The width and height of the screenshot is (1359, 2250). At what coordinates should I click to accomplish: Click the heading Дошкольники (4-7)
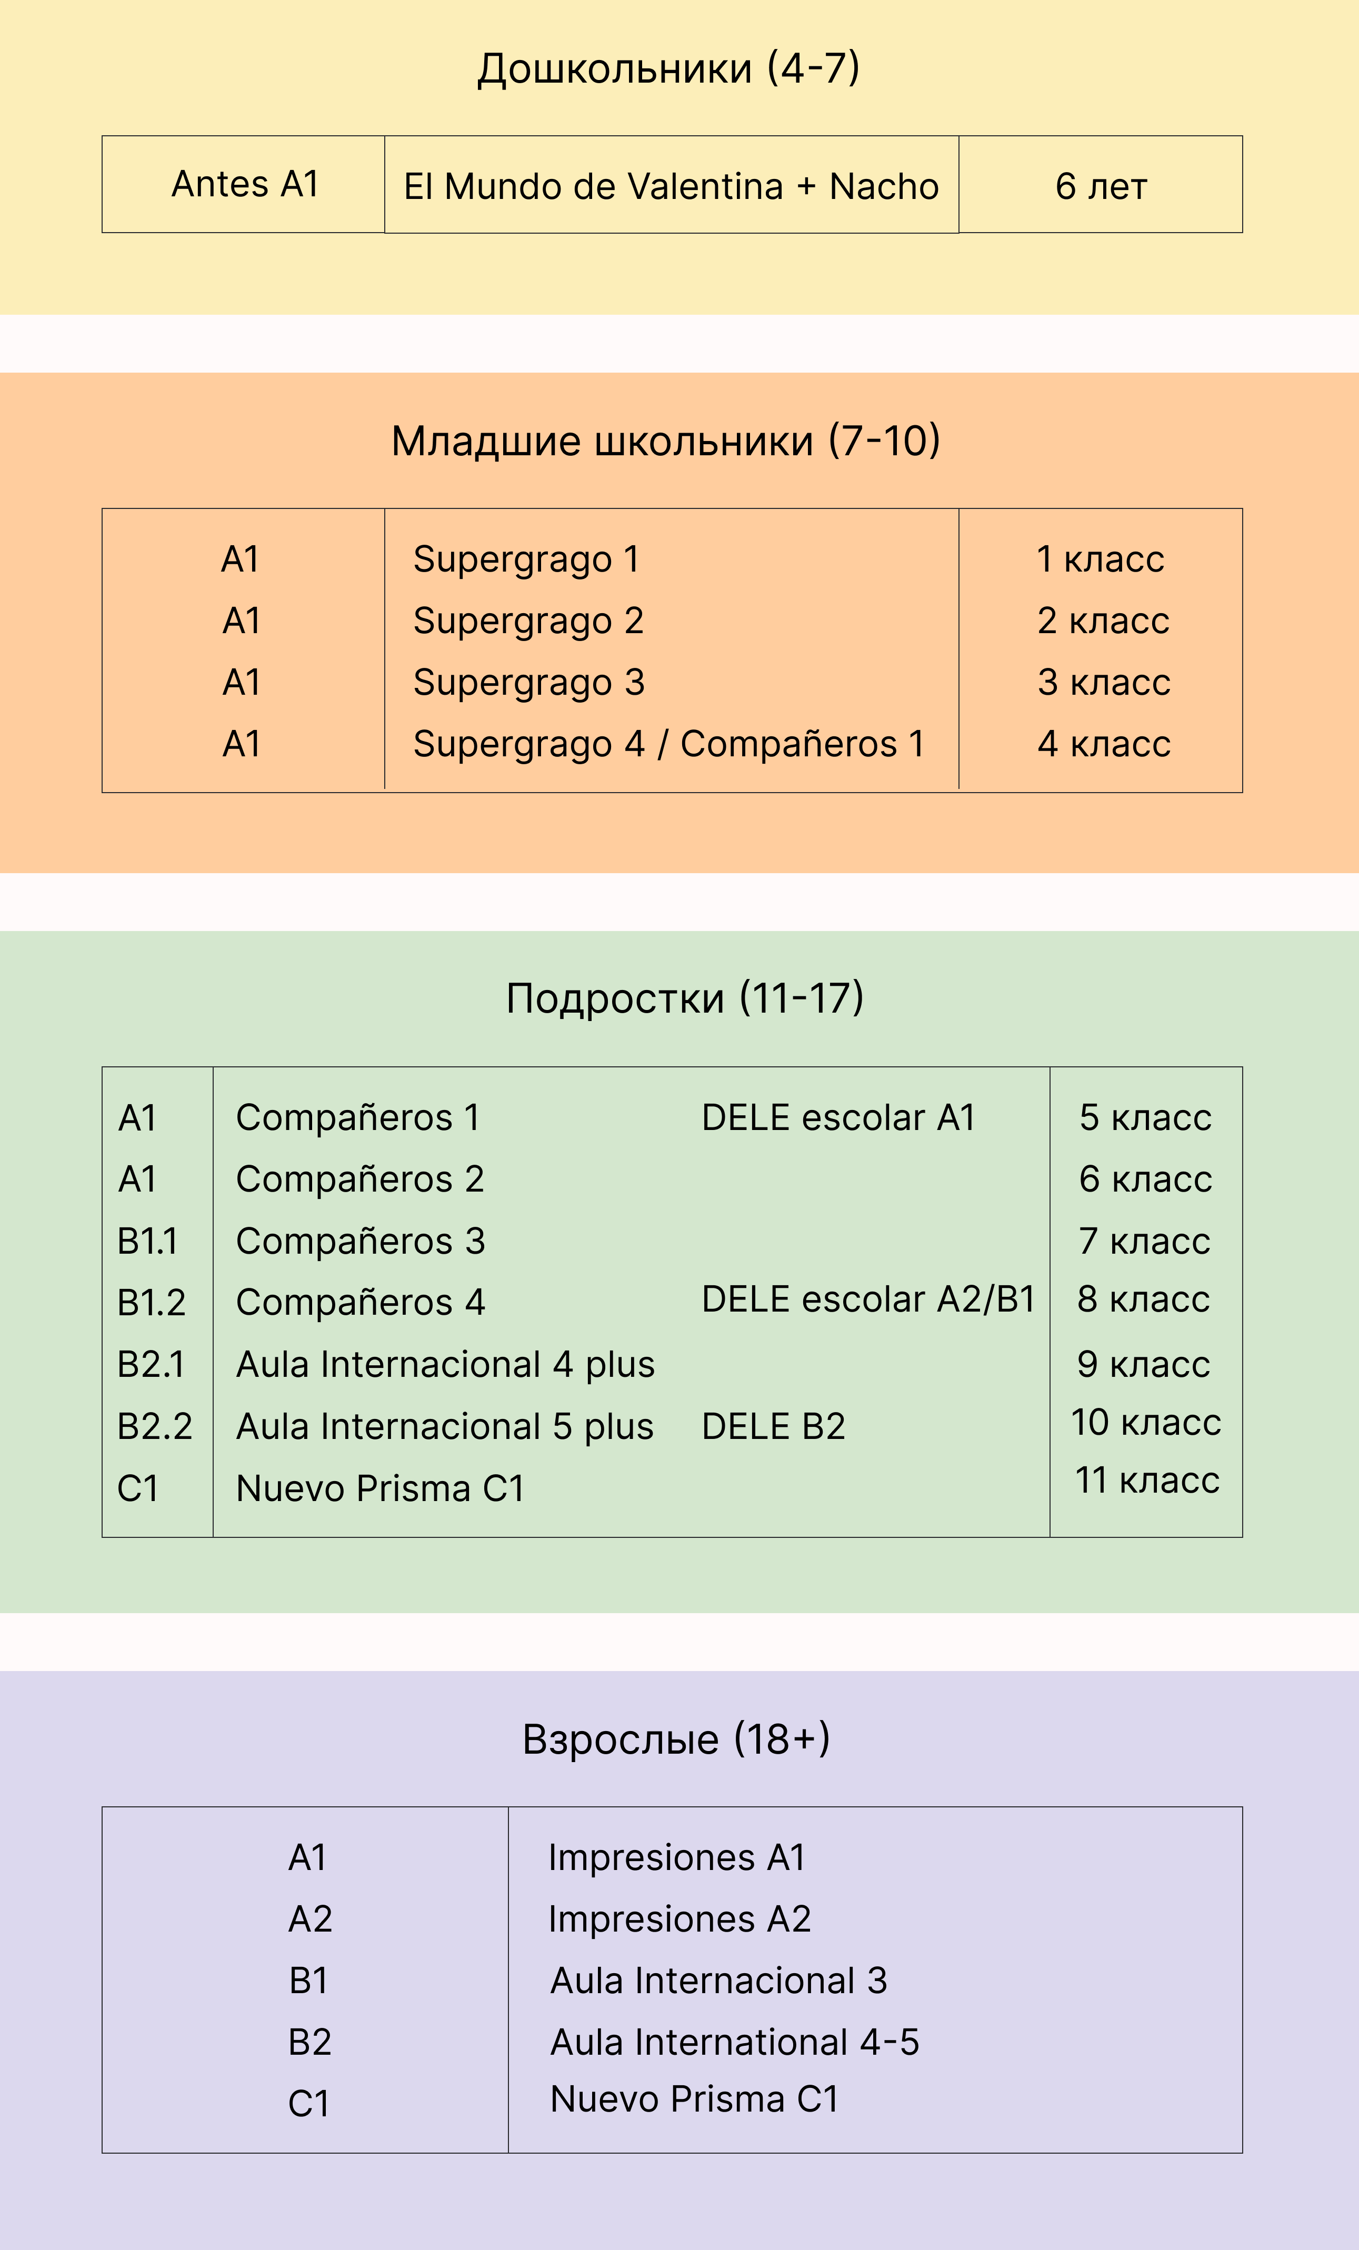[668, 68]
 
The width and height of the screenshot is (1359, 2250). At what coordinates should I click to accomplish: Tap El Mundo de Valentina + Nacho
[671, 186]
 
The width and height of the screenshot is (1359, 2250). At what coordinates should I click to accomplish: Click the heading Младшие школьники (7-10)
[666, 441]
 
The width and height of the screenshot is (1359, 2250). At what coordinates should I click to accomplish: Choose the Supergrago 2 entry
[528, 621]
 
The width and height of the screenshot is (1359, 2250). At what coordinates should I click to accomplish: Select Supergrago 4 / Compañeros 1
[668, 744]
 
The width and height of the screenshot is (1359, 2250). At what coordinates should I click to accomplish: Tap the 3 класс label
[1103, 682]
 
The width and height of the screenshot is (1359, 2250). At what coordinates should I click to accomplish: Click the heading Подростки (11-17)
[685, 998]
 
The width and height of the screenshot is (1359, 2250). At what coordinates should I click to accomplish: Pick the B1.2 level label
[152, 1302]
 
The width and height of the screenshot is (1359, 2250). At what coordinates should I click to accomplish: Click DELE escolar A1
[838, 1118]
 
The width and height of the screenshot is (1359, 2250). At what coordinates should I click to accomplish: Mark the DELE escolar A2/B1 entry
[868, 1299]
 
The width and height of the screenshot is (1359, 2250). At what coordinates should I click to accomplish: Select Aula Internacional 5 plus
[445, 1426]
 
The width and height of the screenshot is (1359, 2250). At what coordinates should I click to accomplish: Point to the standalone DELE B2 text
[774, 1426]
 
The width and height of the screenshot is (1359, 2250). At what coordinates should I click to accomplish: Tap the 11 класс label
[1147, 1479]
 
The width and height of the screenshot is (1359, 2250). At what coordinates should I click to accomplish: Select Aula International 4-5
[734, 2042]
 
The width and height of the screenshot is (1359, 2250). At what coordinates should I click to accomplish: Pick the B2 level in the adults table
[309, 2042]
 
